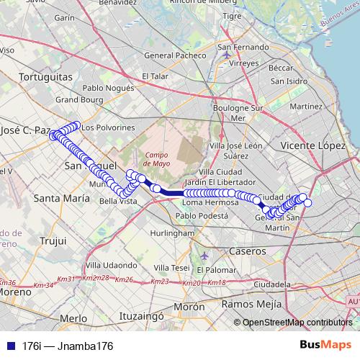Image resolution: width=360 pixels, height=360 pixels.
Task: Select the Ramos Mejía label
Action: pos(252,304)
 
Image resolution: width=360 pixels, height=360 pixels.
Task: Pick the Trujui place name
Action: pos(53,240)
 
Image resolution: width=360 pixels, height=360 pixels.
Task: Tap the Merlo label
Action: pos(73,318)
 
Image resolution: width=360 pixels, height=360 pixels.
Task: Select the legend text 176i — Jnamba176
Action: pos(68,346)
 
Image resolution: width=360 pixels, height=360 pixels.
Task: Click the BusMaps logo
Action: pos(325,346)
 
